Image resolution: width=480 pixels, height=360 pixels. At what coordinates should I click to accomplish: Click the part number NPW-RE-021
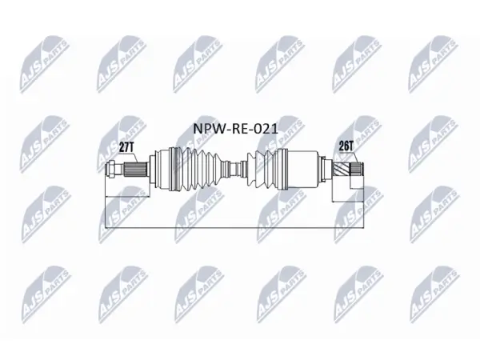(x=235, y=129)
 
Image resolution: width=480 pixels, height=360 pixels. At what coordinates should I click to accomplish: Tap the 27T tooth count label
(x=126, y=147)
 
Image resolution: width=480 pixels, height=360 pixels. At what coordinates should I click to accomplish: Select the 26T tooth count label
(x=346, y=146)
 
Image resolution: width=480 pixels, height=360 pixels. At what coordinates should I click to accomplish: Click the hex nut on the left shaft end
(x=111, y=169)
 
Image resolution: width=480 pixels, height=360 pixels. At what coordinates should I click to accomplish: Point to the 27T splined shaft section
(x=135, y=170)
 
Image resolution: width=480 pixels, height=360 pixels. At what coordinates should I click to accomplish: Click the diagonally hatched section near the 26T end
(x=341, y=169)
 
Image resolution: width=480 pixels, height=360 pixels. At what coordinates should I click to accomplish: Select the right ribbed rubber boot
(x=262, y=170)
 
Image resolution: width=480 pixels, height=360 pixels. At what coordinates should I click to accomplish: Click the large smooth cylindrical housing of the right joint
(x=302, y=170)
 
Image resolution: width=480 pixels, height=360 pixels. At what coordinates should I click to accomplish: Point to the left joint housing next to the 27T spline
(x=162, y=170)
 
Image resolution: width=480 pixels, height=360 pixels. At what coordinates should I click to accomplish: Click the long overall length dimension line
(x=234, y=228)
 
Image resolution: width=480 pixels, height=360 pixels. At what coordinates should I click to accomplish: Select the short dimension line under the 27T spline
(x=127, y=197)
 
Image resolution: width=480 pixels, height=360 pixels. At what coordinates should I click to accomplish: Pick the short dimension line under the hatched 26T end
(x=348, y=202)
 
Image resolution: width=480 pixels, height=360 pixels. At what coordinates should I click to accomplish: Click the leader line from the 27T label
(x=135, y=158)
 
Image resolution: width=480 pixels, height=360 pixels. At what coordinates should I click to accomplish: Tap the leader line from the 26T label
(x=355, y=158)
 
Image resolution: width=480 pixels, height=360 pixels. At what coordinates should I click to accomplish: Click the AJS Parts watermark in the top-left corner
(x=45, y=64)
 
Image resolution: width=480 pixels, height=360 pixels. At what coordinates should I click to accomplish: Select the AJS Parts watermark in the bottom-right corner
(x=434, y=294)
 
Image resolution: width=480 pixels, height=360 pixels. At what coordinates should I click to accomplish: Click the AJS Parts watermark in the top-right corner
(x=434, y=64)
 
